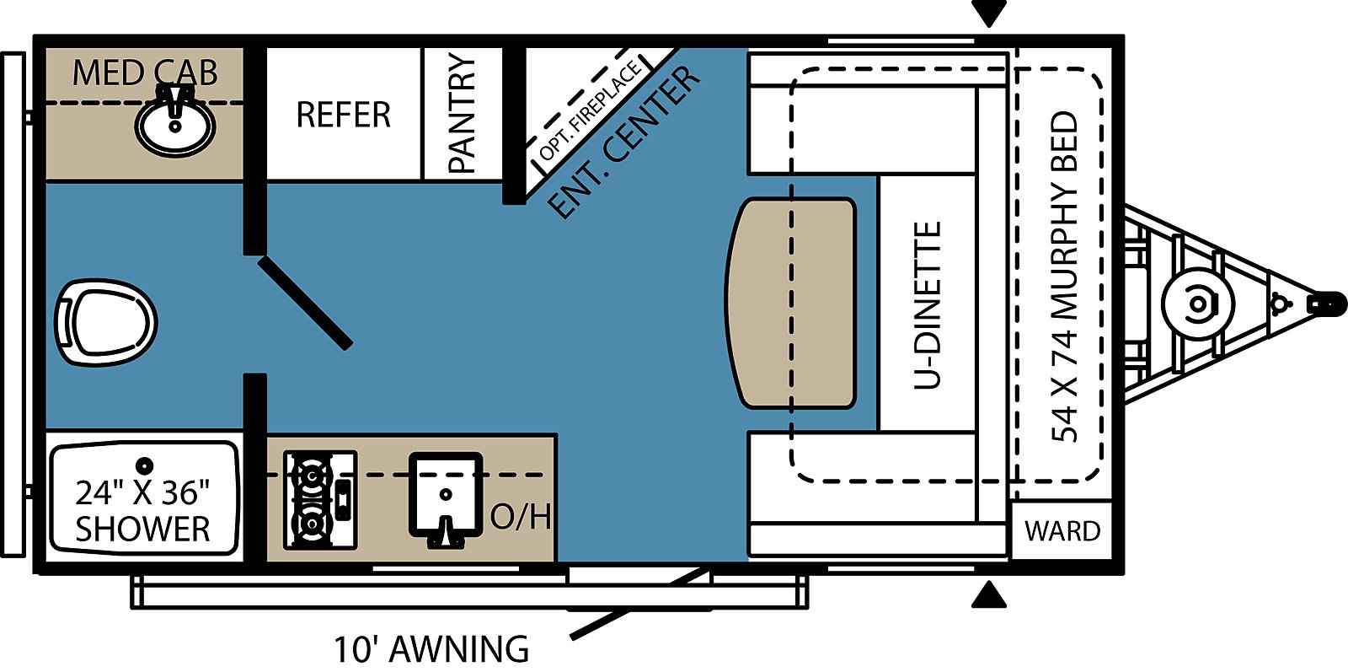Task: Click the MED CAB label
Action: (145, 73)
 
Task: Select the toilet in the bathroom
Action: (106, 321)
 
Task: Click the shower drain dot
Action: (144, 465)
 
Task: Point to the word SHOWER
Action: (142, 529)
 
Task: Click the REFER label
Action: (344, 115)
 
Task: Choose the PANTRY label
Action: (463, 114)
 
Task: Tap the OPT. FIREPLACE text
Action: (591, 110)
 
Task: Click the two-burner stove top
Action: (320, 500)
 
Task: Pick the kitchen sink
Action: (446, 497)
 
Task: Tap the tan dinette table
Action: (791, 303)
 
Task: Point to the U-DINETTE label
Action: (927, 305)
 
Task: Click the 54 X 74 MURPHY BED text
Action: (1064, 277)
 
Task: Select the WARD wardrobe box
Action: (1062, 530)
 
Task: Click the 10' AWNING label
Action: (431, 649)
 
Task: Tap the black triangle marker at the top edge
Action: (989, 13)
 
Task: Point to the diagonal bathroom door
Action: (305, 303)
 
